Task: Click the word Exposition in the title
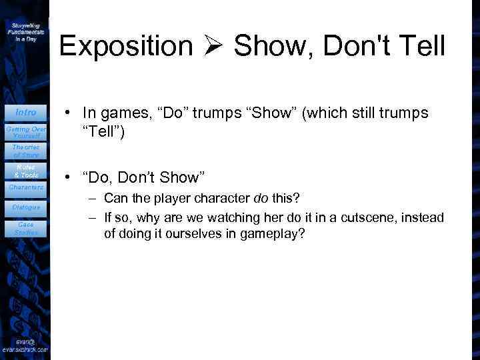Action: pos(125,46)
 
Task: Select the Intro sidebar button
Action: pos(26,112)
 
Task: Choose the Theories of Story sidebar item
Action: pos(26,151)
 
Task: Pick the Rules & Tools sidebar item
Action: pos(26,171)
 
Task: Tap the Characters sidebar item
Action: pos(26,188)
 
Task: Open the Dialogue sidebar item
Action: pos(26,207)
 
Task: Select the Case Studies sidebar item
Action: pos(26,229)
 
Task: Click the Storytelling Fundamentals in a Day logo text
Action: pos(26,31)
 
